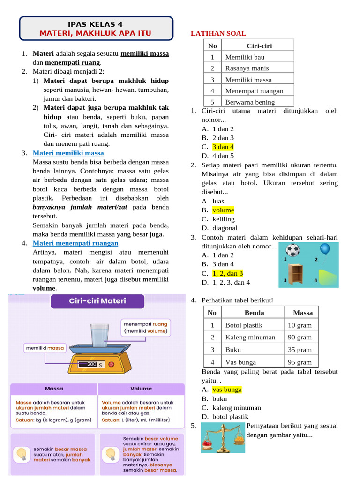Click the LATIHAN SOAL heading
[x=218, y=33]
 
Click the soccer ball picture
[x=293, y=250]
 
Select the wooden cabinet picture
[x=296, y=273]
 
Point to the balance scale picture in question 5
[x=223, y=438]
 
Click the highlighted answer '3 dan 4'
[x=223, y=147]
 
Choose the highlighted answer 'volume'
[x=223, y=210]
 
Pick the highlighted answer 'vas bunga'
[x=227, y=390]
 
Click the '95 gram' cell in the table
[x=300, y=362]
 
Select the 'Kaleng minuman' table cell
[x=250, y=337]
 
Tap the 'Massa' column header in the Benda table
[x=302, y=313]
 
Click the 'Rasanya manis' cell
[x=247, y=68]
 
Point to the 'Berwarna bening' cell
[x=250, y=102]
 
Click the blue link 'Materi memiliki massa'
[x=68, y=153]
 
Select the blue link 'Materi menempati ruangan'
[x=75, y=243]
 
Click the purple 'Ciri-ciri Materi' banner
[x=97, y=300]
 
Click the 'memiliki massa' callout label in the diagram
[x=45, y=348]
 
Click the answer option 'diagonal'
[x=225, y=228]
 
